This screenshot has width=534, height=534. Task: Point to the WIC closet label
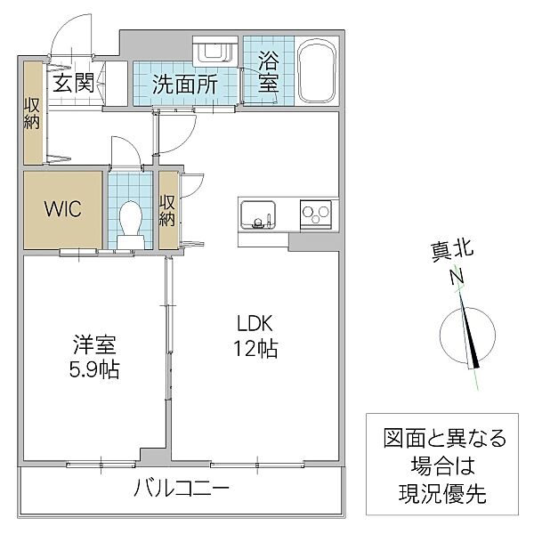tap(63, 211)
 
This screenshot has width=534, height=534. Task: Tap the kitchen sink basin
tap(258, 214)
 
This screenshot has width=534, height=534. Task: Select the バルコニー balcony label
tap(182, 489)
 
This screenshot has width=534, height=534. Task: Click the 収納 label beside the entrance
tap(33, 113)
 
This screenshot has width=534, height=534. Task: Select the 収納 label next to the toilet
tap(167, 210)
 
